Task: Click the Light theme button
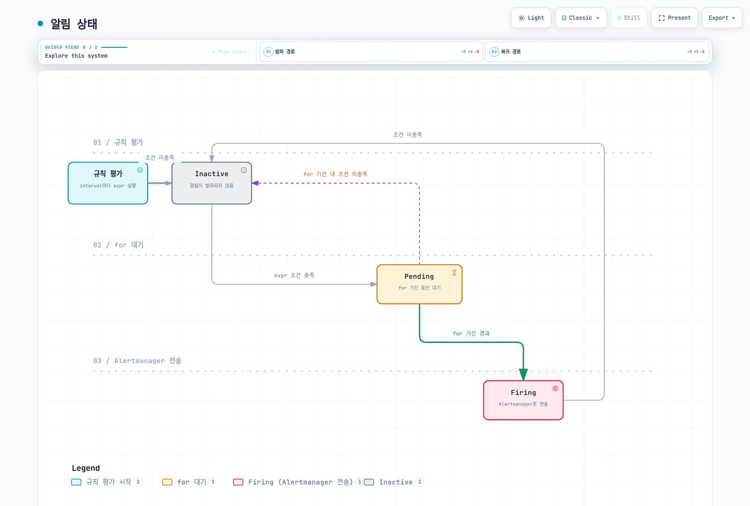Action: pyautogui.click(x=531, y=18)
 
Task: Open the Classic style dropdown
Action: pyautogui.click(x=581, y=18)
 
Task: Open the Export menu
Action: pyautogui.click(x=722, y=18)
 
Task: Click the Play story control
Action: pyautogui.click(x=230, y=52)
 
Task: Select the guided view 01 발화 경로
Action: pyautogui.click(x=371, y=52)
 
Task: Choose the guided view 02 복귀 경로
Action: pyautogui.click(x=597, y=52)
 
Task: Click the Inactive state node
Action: pyautogui.click(x=211, y=183)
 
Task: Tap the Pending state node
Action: pyautogui.click(x=419, y=284)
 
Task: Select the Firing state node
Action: pyautogui.click(x=523, y=400)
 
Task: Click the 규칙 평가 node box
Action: pyautogui.click(x=108, y=183)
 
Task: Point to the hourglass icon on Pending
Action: pyautogui.click(x=454, y=273)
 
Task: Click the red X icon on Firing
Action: pyautogui.click(x=555, y=388)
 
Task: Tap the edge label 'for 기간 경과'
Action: pyautogui.click(x=471, y=333)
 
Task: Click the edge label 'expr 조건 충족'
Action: pyautogui.click(x=294, y=275)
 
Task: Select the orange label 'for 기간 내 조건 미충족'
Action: pyautogui.click(x=335, y=174)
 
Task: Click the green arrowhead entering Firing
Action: pyautogui.click(x=523, y=374)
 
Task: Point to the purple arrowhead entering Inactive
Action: pyautogui.click(x=255, y=183)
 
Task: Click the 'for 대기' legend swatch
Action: pyautogui.click(x=167, y=482)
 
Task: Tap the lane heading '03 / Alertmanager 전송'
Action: pyautogui.click(x=137, y=361)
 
